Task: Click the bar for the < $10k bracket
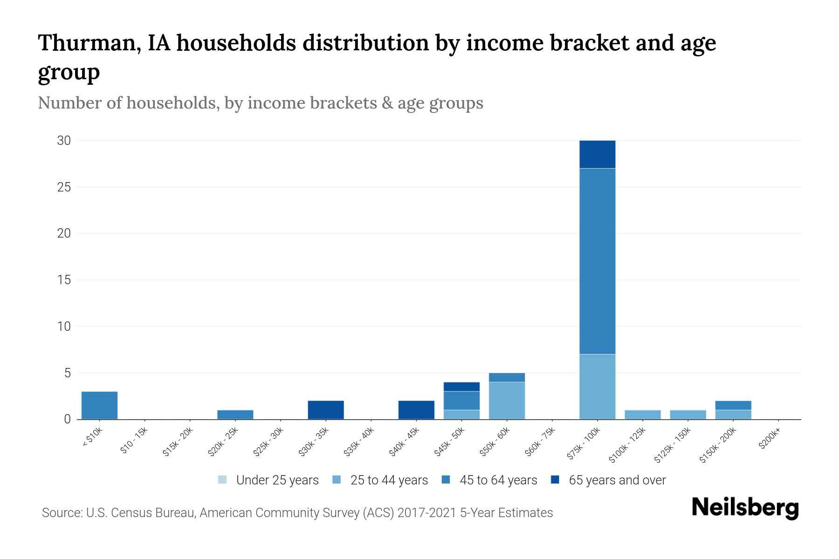click(99, 405)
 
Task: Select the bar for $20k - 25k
click(235, 415)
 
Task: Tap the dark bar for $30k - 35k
click(326, 410)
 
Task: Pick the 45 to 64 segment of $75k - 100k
click(597, 261)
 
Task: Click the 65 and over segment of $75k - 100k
click(597, 154)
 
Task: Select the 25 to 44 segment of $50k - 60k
click(507, 401)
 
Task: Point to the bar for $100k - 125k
click(642, 415)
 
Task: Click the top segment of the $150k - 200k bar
click(733, 405)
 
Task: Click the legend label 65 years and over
click(617, 480)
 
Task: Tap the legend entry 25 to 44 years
click(389, 480)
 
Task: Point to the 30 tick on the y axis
click(64, 141)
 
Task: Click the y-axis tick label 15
click(64, 280)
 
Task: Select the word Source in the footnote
click(61, 513)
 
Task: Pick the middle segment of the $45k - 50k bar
click(461, 401)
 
